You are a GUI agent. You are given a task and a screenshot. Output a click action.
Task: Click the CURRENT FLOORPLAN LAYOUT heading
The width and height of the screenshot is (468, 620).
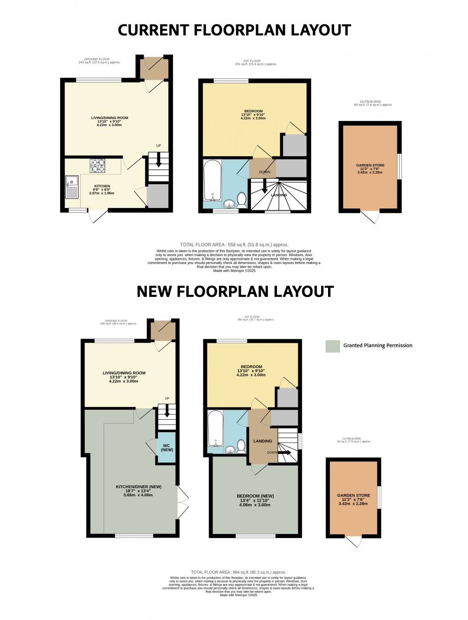[234, 30]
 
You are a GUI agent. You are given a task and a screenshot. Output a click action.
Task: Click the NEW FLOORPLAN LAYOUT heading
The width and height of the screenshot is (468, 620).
[235, 292]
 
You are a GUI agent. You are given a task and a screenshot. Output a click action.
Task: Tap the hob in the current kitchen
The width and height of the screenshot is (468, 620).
[97, 165]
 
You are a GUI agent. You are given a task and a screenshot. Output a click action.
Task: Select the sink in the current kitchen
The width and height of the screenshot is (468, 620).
[72, 187]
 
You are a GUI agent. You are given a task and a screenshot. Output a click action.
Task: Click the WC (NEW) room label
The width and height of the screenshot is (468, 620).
[167, 448]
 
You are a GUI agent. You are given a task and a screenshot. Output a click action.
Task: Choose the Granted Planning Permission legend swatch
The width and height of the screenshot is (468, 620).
[333, 346]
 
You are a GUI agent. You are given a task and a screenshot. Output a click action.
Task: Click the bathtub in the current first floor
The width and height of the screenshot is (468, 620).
[212, 181]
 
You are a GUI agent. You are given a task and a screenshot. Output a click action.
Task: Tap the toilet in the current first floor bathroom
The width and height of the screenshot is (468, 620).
[241, 199]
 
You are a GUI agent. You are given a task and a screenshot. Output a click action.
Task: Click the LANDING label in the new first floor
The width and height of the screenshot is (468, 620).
[262, 441]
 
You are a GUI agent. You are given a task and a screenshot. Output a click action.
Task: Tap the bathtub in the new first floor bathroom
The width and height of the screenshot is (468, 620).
[215, 428]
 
